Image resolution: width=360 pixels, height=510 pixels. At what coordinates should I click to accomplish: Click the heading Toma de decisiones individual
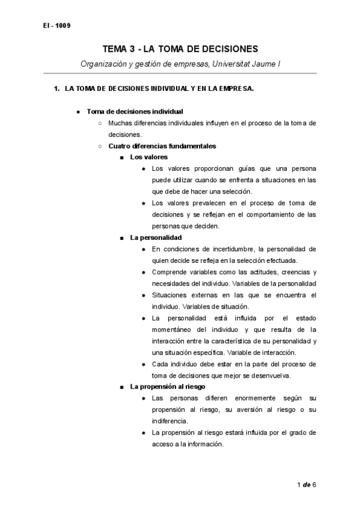tap(135, 111)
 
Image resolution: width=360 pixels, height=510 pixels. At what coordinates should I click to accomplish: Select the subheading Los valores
tap(149, 158)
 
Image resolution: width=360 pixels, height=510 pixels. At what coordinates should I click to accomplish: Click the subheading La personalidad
tap(156, 237)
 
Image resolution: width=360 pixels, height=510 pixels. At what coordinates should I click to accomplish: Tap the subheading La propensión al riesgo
tap(168, 386)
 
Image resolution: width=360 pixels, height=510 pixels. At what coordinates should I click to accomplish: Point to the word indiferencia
tap(171, 420)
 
